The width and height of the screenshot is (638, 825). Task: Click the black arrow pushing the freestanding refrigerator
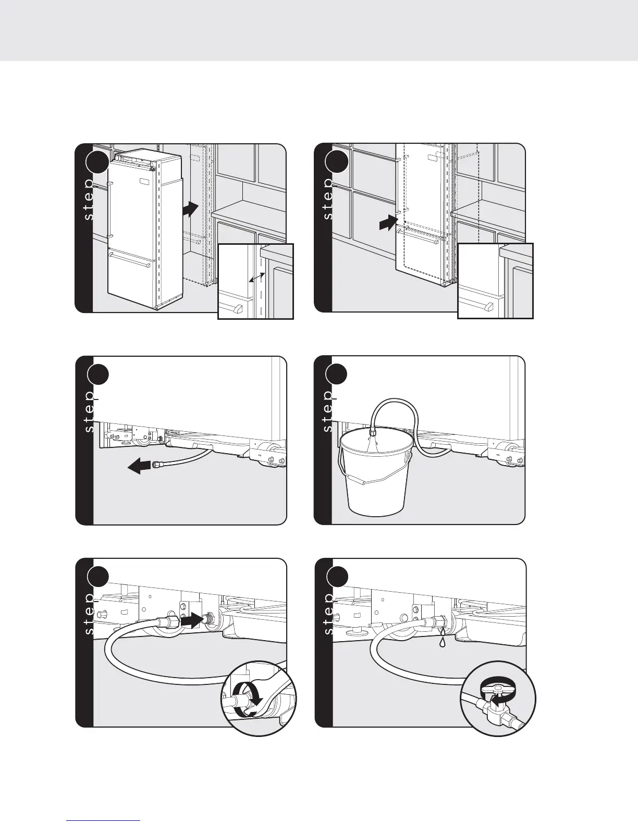(x=190, y=209)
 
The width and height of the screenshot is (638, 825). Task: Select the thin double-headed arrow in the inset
(x=257, y=277)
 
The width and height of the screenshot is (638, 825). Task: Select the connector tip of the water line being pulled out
(x=155, y=464)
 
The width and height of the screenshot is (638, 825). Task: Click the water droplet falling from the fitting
(x=442, y=642)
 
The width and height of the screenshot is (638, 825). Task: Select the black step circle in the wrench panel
(x=98, y=577)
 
